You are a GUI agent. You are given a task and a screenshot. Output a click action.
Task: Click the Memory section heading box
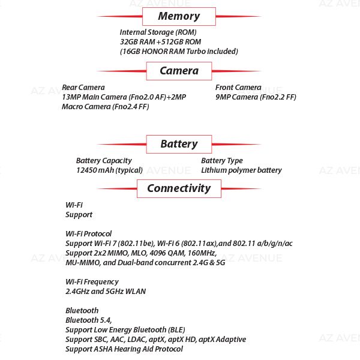tap(179, 16)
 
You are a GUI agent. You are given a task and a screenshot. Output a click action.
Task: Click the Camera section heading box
tap(179, 71)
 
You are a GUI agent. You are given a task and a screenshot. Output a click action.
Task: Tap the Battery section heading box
tap(179, 144)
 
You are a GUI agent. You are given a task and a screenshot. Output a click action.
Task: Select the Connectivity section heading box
tap(179, 188)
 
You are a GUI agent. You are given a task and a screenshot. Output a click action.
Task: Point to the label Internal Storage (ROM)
tap(158, 32)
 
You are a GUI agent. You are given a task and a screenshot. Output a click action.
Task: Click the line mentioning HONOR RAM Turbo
tap(179, 52)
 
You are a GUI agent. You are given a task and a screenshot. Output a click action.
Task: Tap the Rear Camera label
tap(83, 88)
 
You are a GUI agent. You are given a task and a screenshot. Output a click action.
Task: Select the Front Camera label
tap(238, 88)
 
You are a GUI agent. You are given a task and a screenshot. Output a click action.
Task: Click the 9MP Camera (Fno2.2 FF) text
tap(256, 97)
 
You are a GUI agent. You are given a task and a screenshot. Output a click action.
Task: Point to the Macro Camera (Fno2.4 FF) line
tap(105, 107)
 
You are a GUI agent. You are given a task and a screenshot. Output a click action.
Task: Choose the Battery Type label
tap(222, 161)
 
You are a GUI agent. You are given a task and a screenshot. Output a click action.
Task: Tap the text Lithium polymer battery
tap(241, 170)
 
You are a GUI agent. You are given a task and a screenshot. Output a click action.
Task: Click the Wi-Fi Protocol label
tap(88, 234)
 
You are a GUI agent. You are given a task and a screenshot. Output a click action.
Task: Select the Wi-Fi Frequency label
tap(92, 282)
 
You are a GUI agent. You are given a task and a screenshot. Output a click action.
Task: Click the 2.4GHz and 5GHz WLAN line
tap(106, 292)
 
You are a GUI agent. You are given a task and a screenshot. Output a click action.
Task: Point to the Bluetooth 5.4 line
tap(88, 320)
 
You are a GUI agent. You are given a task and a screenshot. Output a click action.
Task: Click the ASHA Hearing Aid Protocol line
tap(124, 349)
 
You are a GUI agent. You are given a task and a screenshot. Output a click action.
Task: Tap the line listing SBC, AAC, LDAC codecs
tap(155, 340)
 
